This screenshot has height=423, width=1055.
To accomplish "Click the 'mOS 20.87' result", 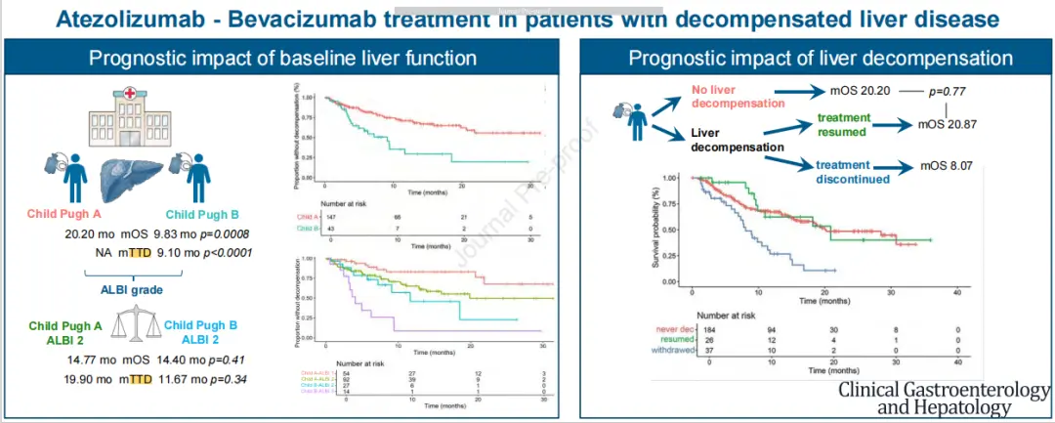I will (952, 125).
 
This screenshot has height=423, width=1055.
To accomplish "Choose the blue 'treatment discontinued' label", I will (854, 172).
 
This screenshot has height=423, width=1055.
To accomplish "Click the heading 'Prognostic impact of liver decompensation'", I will (820, 57).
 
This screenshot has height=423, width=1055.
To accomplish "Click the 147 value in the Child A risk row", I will (332, 216).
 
